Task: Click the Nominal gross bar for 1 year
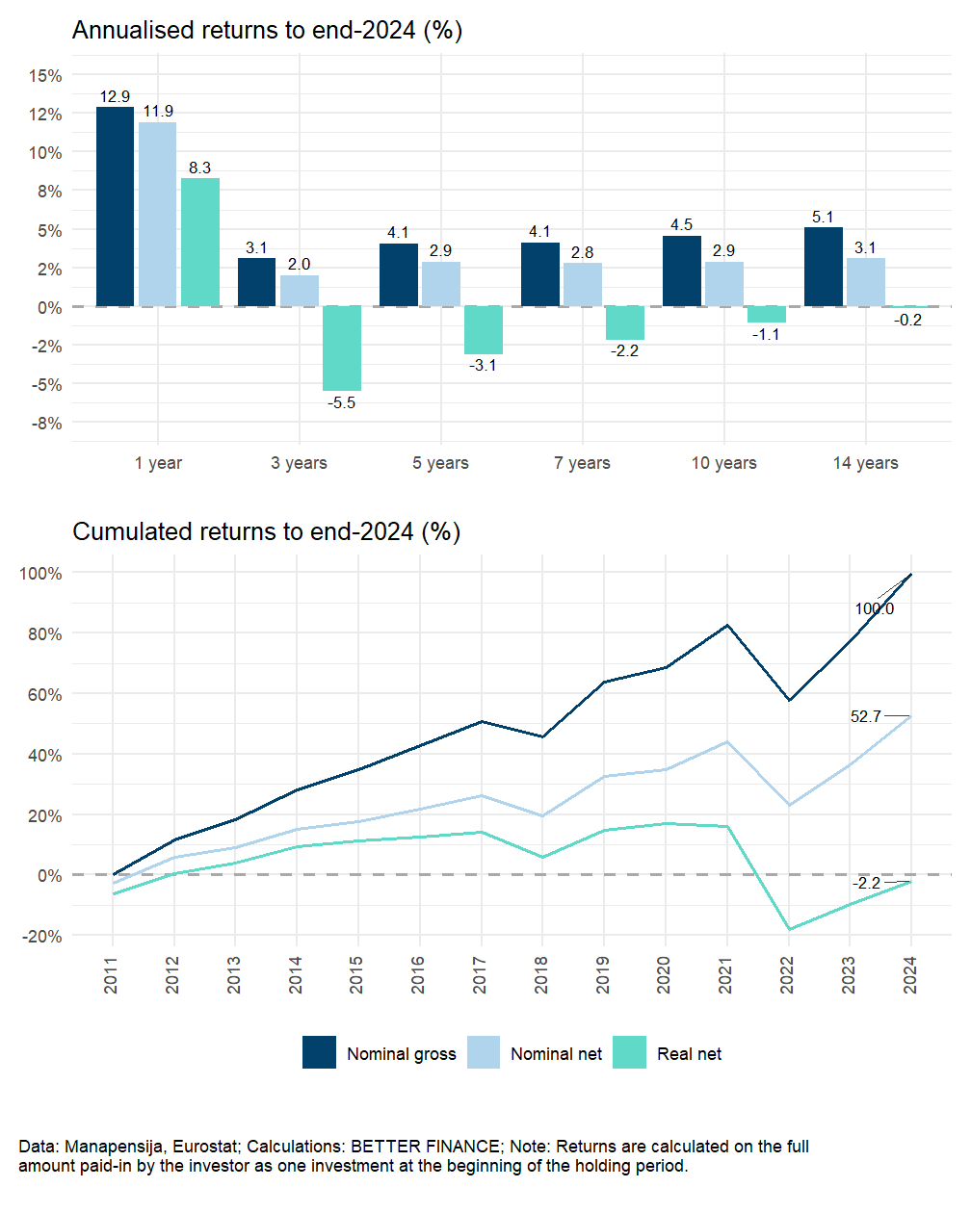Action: click(x=116, y=206)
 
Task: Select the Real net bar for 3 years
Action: click(x=342, y=348)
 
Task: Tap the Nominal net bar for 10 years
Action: click(x=724, y=284)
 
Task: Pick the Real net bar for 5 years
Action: click(x=484, y=330)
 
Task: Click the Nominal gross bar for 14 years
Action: click(x=824, y=267)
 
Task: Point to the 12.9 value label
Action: click(x=115, y=96)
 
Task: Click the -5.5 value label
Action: click(x=341, y=402)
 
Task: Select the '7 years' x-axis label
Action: click(x=582, y=463)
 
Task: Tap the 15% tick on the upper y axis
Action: click(x=45, y=75)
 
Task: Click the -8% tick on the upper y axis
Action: click(x=45, y=423)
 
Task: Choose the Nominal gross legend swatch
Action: click(x=319, y=1053)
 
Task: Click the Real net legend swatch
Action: click(x=629, y=1053)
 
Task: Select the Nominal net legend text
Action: click(x=556, y=1054)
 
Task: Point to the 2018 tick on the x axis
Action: click(x=541, y=974)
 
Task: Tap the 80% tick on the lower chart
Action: click(x=40, y=633)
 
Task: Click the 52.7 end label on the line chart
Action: click(x=865, y=716)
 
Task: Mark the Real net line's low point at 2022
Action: click(x=788, y=929)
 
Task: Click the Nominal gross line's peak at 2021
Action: click(x=727, y=626)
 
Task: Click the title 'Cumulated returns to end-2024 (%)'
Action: click(x=266, y=531)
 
